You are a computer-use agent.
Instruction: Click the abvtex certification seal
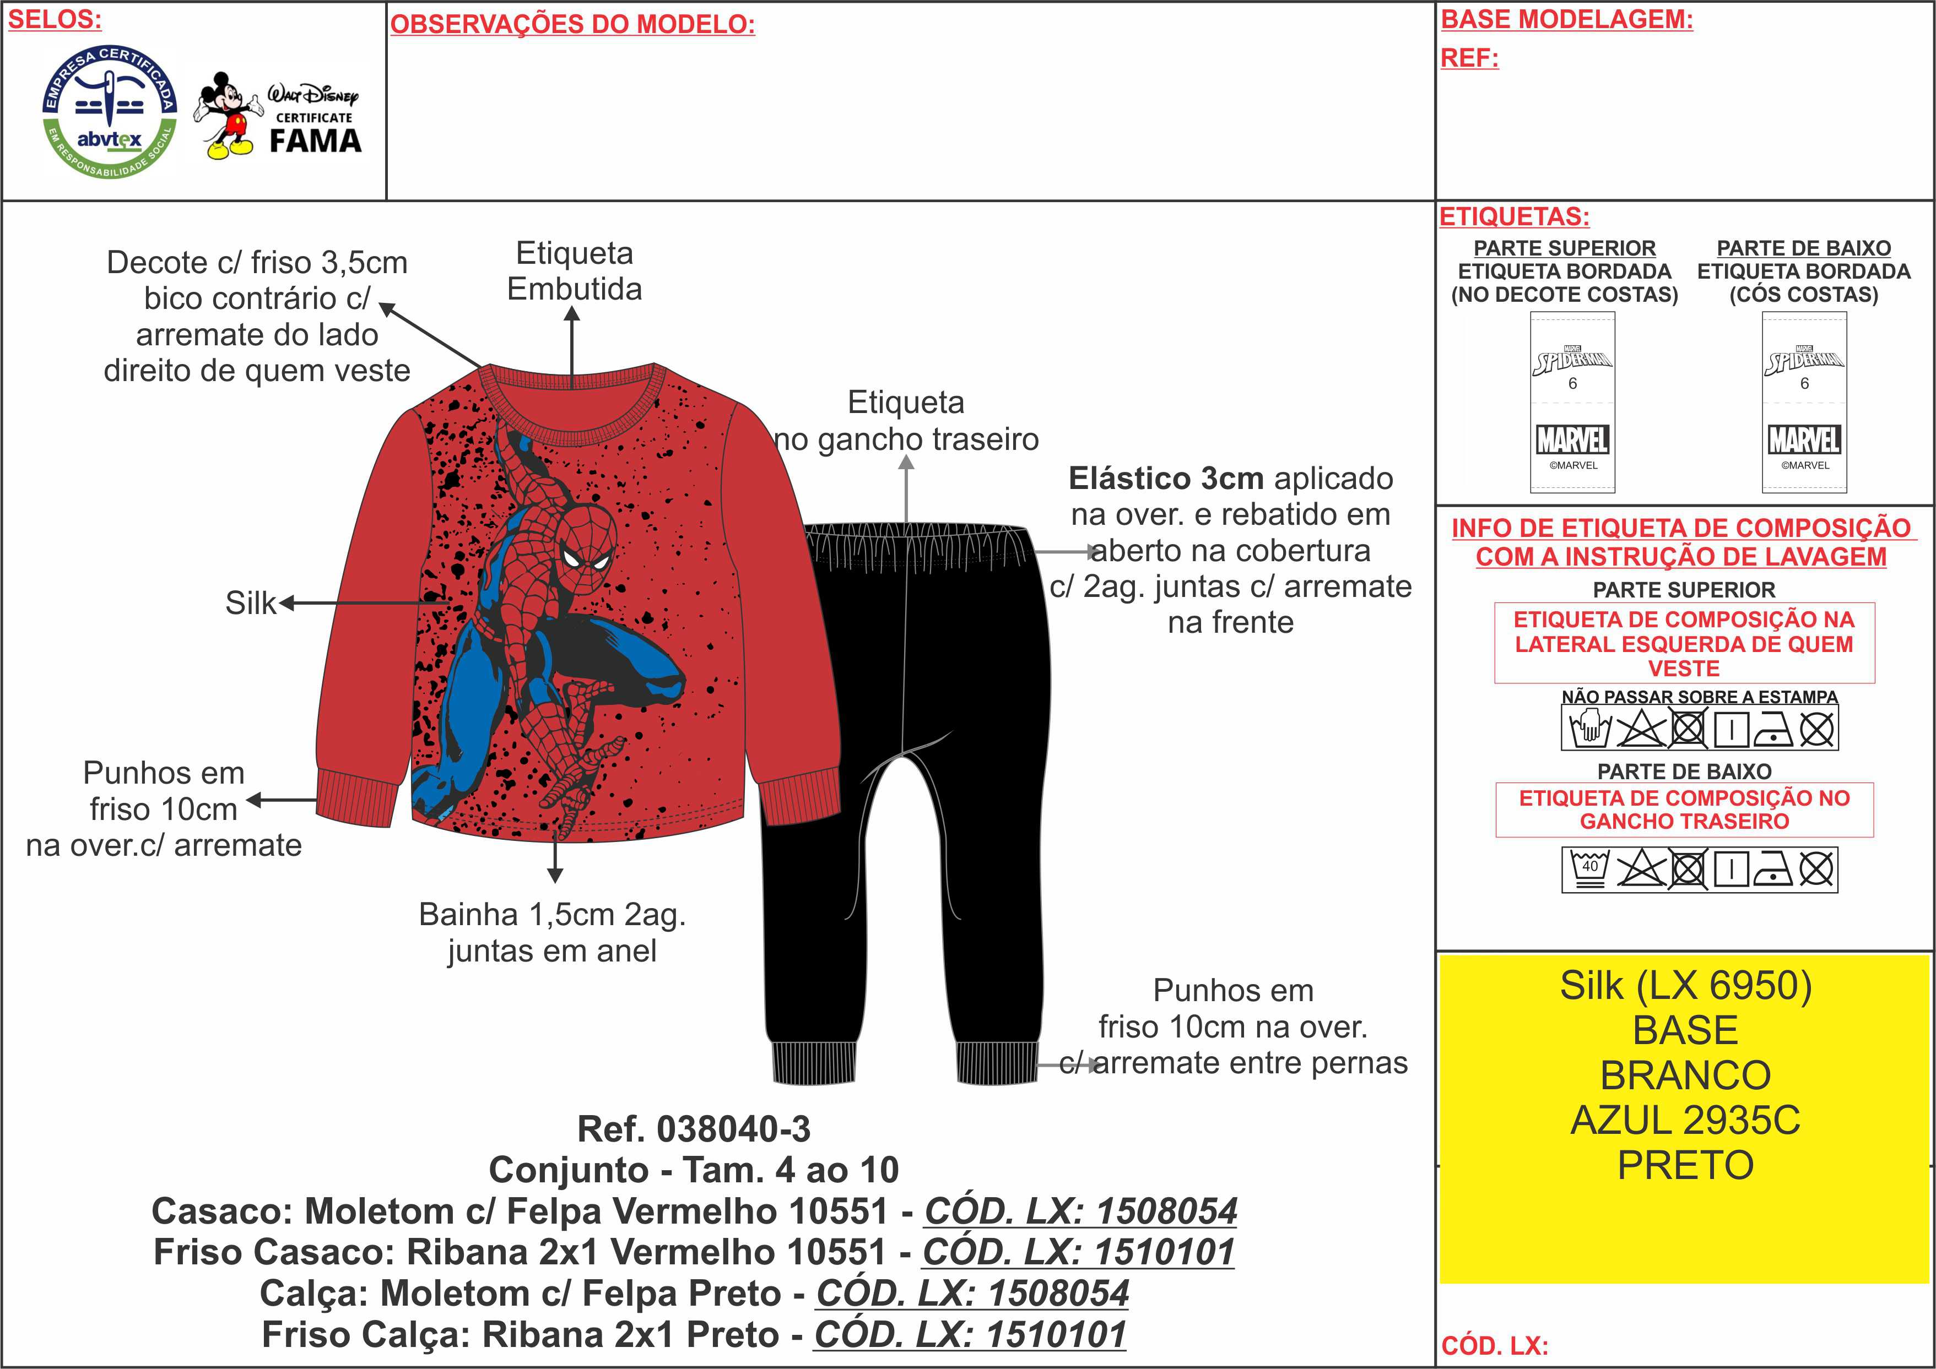click(110, 111)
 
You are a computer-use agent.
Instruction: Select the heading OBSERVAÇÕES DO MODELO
click(572, 24)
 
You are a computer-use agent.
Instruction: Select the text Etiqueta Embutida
click(574, 270)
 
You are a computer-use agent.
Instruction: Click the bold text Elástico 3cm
click(1165, 478)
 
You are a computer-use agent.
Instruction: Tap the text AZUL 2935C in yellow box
click(1685, 1120)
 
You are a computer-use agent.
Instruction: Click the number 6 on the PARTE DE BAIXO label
click(1804, 384)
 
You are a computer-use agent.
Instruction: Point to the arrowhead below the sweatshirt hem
click(555, 875)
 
